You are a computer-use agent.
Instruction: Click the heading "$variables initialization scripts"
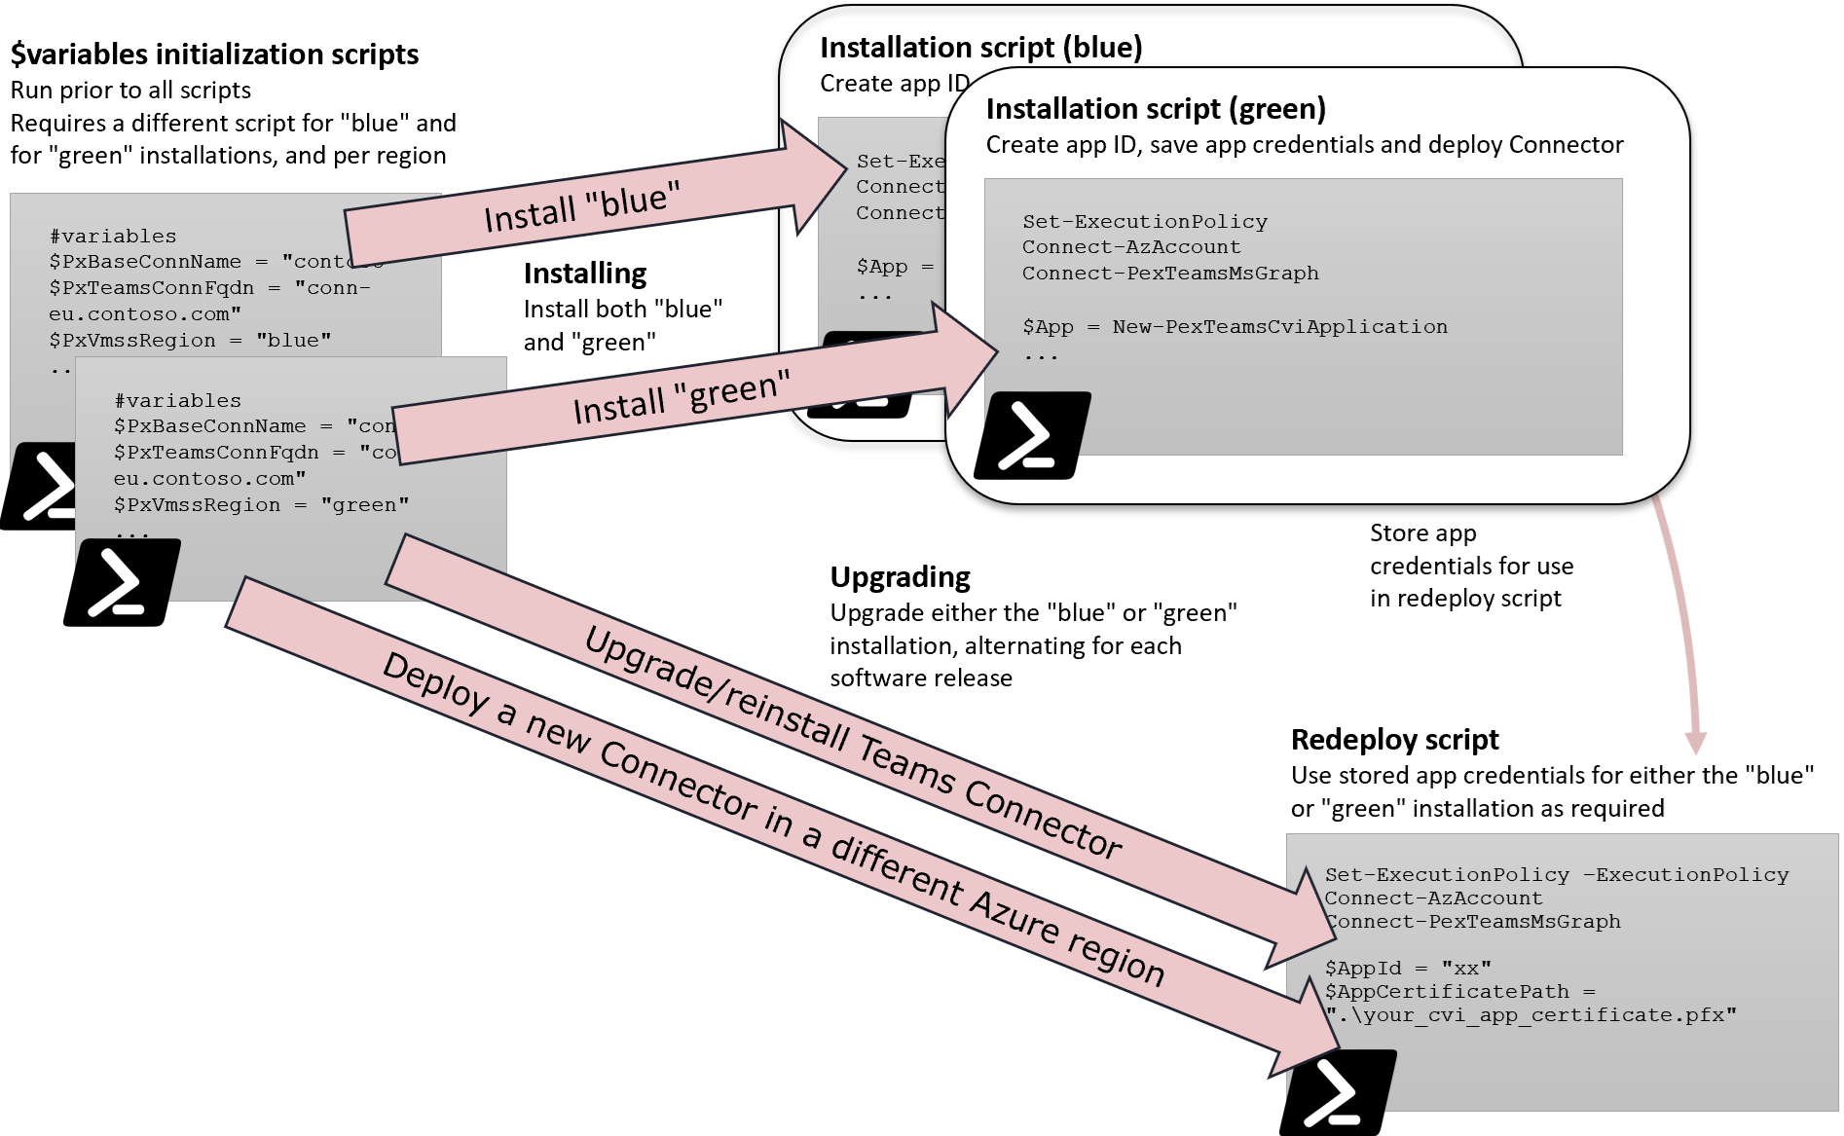point(214,54)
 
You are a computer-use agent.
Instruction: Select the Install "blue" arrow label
point(581,207)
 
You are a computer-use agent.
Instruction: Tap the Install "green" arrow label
point(681,397)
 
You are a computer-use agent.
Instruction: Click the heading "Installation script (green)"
point(1156,108)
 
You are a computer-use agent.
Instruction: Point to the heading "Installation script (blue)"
point(980,47)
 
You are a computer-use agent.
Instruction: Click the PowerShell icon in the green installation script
point(1033,435)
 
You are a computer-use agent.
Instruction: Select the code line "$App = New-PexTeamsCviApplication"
point(1235,327)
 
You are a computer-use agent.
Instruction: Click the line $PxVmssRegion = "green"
point(261,505)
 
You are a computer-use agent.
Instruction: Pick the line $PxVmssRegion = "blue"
point(190,341)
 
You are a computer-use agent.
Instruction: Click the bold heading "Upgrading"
point(900,577)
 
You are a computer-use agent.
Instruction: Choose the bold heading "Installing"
point(584,274)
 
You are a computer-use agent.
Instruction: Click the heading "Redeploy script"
point(1394,740)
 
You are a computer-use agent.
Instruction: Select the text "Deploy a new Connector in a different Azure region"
point(773,819)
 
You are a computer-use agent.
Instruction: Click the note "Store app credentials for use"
point(1470,566)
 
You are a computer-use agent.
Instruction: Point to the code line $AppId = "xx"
point(1407,969)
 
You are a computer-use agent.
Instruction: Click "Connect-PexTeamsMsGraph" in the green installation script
point(1170,274)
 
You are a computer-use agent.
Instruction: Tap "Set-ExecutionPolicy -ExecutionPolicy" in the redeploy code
point(1556,875)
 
